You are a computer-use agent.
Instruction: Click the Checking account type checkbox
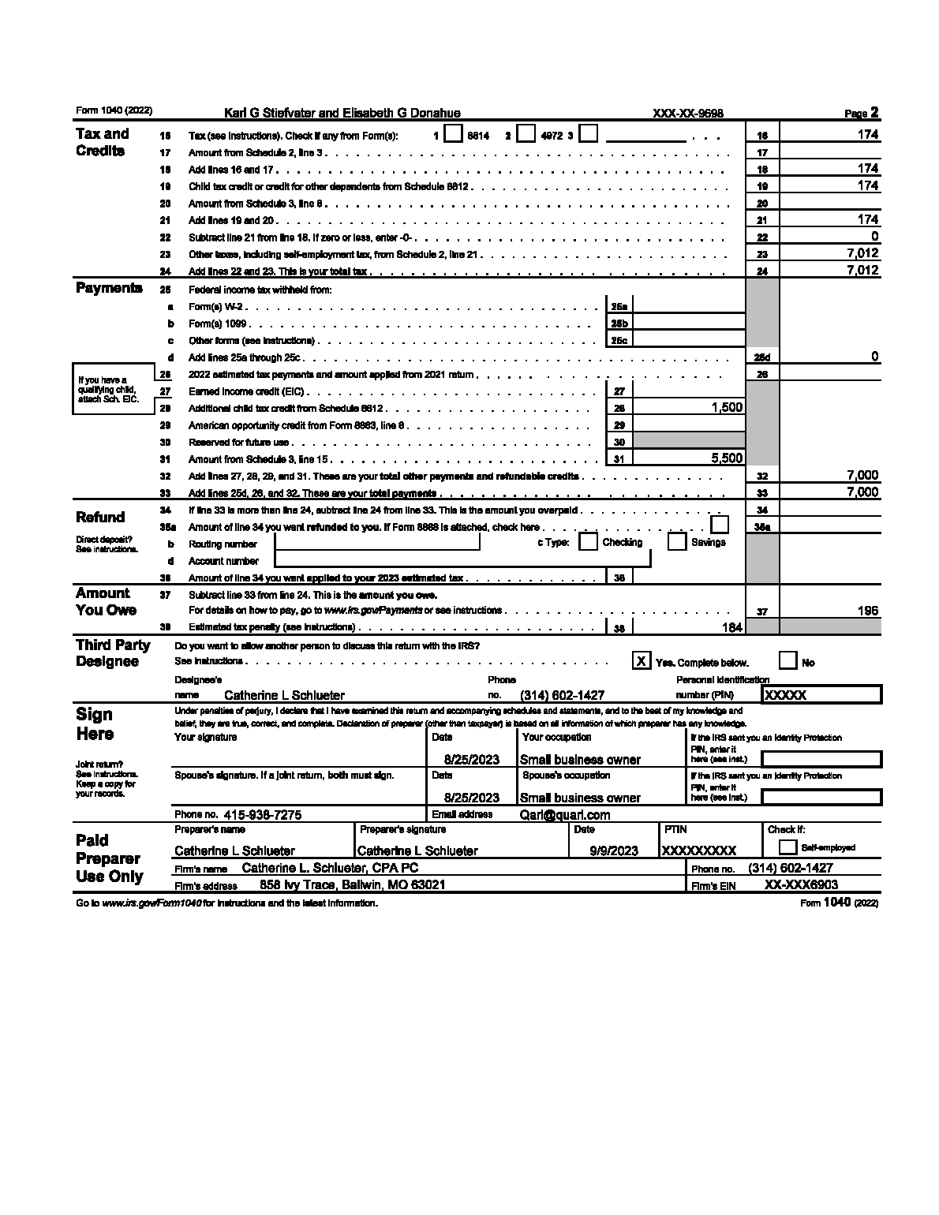tap(588, 542)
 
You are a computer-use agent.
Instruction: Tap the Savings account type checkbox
tap(676, 542)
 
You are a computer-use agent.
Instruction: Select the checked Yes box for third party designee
tap(642, 661)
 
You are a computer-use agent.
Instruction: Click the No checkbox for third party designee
tap(787, 661)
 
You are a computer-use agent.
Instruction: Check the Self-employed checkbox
tap(787, 847)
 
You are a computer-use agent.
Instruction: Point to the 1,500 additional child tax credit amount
tap(727, 407)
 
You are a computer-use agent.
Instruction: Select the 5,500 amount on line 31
tap(727, 458)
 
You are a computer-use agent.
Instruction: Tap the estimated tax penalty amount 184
tap(732, 627)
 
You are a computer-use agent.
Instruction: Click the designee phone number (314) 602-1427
tap(563, 695)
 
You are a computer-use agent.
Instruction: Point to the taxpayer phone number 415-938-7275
tap(263, 815)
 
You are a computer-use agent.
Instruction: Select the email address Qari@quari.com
tap(565, 815)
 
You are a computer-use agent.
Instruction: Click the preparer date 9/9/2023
tap(614, 850)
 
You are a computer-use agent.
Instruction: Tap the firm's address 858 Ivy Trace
tap(352, 885)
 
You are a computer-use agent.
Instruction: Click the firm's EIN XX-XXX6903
tap(802, 885)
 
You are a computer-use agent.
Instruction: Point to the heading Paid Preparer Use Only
tap(109, 858)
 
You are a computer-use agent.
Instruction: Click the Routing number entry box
tap(377, 542)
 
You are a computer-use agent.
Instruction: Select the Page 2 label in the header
tap(862, 113)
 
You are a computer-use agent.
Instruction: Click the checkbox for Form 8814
tap(453, 134)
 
